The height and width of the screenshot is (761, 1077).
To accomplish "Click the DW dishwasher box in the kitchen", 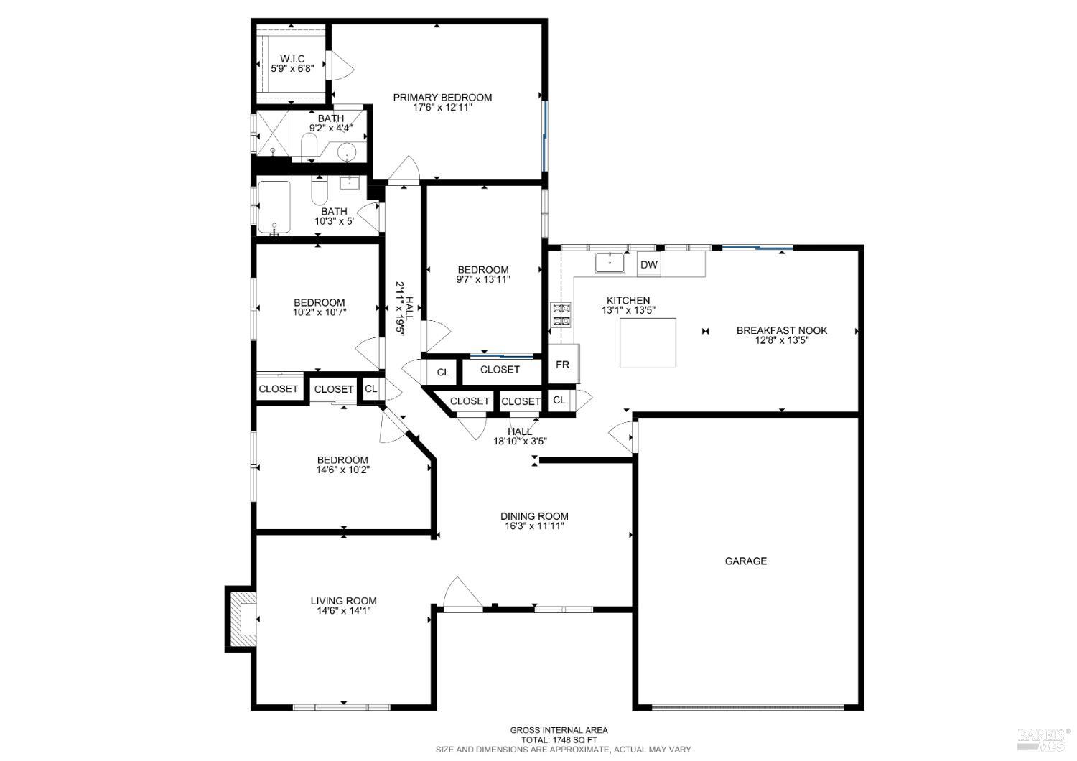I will [x=649, y=265].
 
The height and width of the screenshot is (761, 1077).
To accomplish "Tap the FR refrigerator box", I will [x=563, y=365].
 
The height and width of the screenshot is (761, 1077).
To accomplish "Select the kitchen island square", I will [x=648, y=342].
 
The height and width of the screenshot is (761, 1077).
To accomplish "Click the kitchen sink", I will [x=610, y=263].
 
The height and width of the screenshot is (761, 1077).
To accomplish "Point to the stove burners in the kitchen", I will [x=560, y=314].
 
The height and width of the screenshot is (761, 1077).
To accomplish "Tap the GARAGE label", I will [x=745, y=561].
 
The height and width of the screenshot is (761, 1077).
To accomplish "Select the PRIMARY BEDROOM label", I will [x=442, y=98].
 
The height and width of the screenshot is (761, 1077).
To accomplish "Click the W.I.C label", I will [x=292, y=58].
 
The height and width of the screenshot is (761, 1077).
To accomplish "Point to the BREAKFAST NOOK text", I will [x=782, y=330].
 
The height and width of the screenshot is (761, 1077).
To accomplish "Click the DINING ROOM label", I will [x=534, y=515].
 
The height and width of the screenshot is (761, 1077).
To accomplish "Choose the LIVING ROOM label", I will [x=343, y=601].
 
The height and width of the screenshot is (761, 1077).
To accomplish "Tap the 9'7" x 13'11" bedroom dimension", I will [x=483, y=279].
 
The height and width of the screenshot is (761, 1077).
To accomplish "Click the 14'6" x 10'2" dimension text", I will [x=343, y=470].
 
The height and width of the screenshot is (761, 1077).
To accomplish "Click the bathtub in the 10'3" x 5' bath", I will [x=274, y=207].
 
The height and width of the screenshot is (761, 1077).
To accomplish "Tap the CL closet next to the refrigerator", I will [x=560, y=400].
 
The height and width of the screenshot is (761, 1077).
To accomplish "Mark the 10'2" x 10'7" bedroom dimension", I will [x=320, y=312].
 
